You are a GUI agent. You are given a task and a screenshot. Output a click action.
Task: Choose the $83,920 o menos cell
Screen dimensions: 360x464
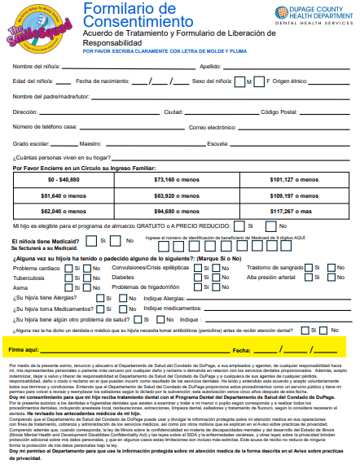(181, 195)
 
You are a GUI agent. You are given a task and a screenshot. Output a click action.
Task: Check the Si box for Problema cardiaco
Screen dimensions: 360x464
(68, 268)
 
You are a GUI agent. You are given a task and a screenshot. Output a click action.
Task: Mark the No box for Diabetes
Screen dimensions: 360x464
(215, 278)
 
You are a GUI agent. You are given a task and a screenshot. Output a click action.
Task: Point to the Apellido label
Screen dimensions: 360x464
(211, 66)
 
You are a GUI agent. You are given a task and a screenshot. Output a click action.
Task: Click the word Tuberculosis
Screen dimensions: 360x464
(29, 278)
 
